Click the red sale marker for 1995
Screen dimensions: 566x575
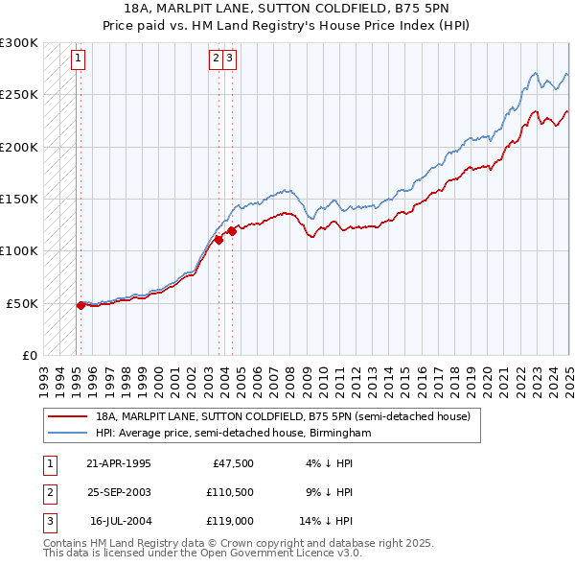[80, 305]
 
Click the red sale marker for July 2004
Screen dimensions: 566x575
[232, 231]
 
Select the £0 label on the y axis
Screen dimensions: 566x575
[30, 355]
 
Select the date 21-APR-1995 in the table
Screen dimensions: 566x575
[119, 463]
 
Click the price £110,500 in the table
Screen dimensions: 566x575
[229, 493]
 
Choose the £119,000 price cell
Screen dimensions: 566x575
[229, 523]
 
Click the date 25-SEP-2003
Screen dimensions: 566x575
[119, 493]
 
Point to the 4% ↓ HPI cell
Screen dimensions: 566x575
[329, 463]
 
